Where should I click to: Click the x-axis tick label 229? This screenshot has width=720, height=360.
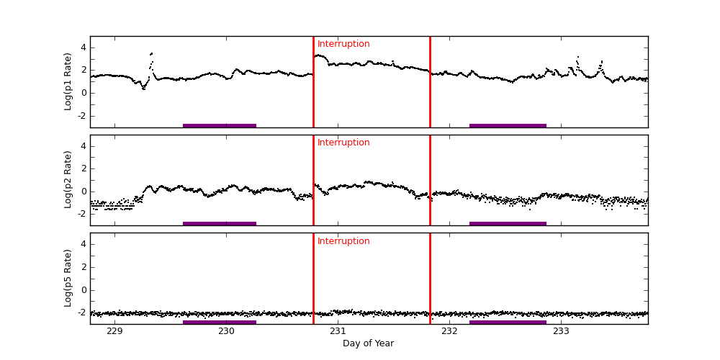pyautogui.click(x=114, y=331)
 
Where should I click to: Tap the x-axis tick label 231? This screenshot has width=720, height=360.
pyautogui.click(x=338, y=331)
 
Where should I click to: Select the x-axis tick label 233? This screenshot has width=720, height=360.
pyautogui.click(x=561, y=331)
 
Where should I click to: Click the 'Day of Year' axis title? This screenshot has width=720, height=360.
pyautogui.click(x=368, y=343)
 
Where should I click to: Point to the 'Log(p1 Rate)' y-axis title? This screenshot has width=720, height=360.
pyautogui.click(x=68, y=81)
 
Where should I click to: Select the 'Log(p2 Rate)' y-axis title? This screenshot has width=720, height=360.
pyautogui.click(x=68, y=180)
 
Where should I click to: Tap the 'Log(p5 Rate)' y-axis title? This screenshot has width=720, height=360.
pyautogui.click(x=68, y=278)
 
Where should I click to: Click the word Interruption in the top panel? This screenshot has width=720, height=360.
pyautogui.click(x=343, y=44)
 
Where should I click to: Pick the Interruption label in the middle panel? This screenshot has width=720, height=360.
pyautogui.click(x=343, y=143)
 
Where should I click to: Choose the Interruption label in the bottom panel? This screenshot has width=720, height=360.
pyautogui.click(x=343, y=241)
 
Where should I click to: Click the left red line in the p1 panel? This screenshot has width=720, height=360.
pyautogui.click(x=313, y=86)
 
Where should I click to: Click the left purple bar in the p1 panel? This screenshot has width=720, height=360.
pyautogui.click(x=220, y=125)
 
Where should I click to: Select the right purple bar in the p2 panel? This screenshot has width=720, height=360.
pyautogui.click(x=508, y=223)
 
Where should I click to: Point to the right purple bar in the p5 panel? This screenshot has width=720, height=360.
pyautogui.click(x=508, y=322)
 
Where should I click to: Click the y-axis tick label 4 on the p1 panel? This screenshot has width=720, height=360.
pyautogui.click(x=83, y=48)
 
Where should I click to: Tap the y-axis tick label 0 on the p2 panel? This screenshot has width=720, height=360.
pyautogui.click(x=83, y=192)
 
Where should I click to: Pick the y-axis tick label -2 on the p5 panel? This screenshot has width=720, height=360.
pyautogui.click(x=81, y=313)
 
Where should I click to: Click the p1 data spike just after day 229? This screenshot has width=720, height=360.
pyautogui.click(x=151, y=54)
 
